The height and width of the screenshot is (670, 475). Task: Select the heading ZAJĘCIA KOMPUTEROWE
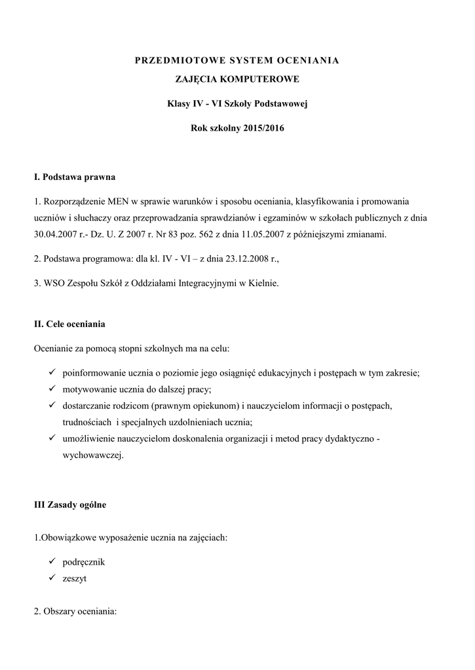pyautogui.click(x=237, y=79)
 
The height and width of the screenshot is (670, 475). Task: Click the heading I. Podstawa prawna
pyautogui.click(x=75, y=177)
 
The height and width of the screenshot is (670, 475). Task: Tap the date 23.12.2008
pyautogui.click(x=238, y=259)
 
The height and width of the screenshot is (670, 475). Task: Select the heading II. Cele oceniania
pyautogui.click(x=69, y=324)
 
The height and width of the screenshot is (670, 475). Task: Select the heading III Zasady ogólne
pyautogui.click(x=70, y=505)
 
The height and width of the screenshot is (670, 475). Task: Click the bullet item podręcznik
pyautogui.click(x=84, y=562)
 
